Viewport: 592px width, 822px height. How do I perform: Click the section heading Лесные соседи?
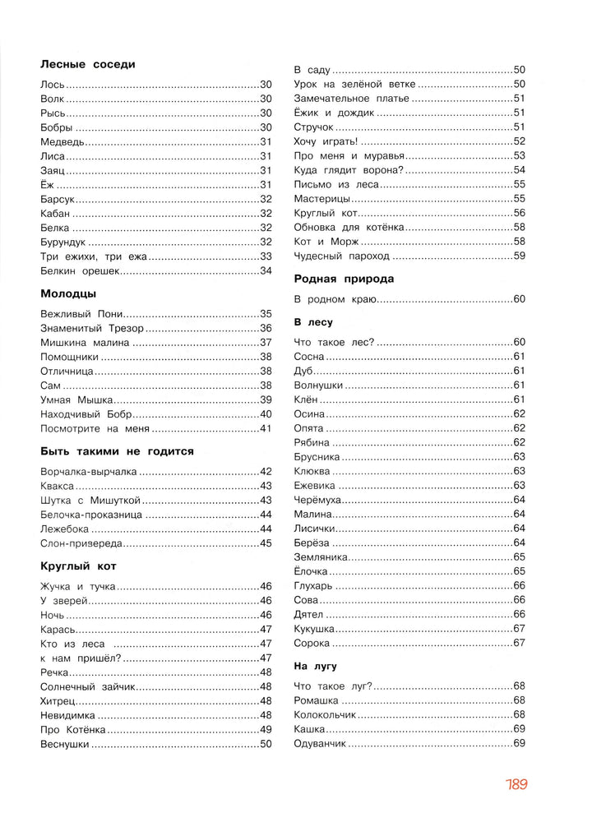click(87, 64)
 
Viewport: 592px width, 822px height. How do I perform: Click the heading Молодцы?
click(68, 293)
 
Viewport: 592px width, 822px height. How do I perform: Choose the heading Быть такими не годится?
click(117, 451)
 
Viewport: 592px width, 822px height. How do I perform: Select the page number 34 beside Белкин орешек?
click(266, 270)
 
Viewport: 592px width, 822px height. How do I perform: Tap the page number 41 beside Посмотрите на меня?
click(266, 429)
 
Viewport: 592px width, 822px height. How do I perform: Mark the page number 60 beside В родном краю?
click(519, 299)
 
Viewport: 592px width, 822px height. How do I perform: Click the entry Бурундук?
click(62, 242)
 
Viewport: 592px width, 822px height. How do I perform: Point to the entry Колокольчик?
click(325, 715)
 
